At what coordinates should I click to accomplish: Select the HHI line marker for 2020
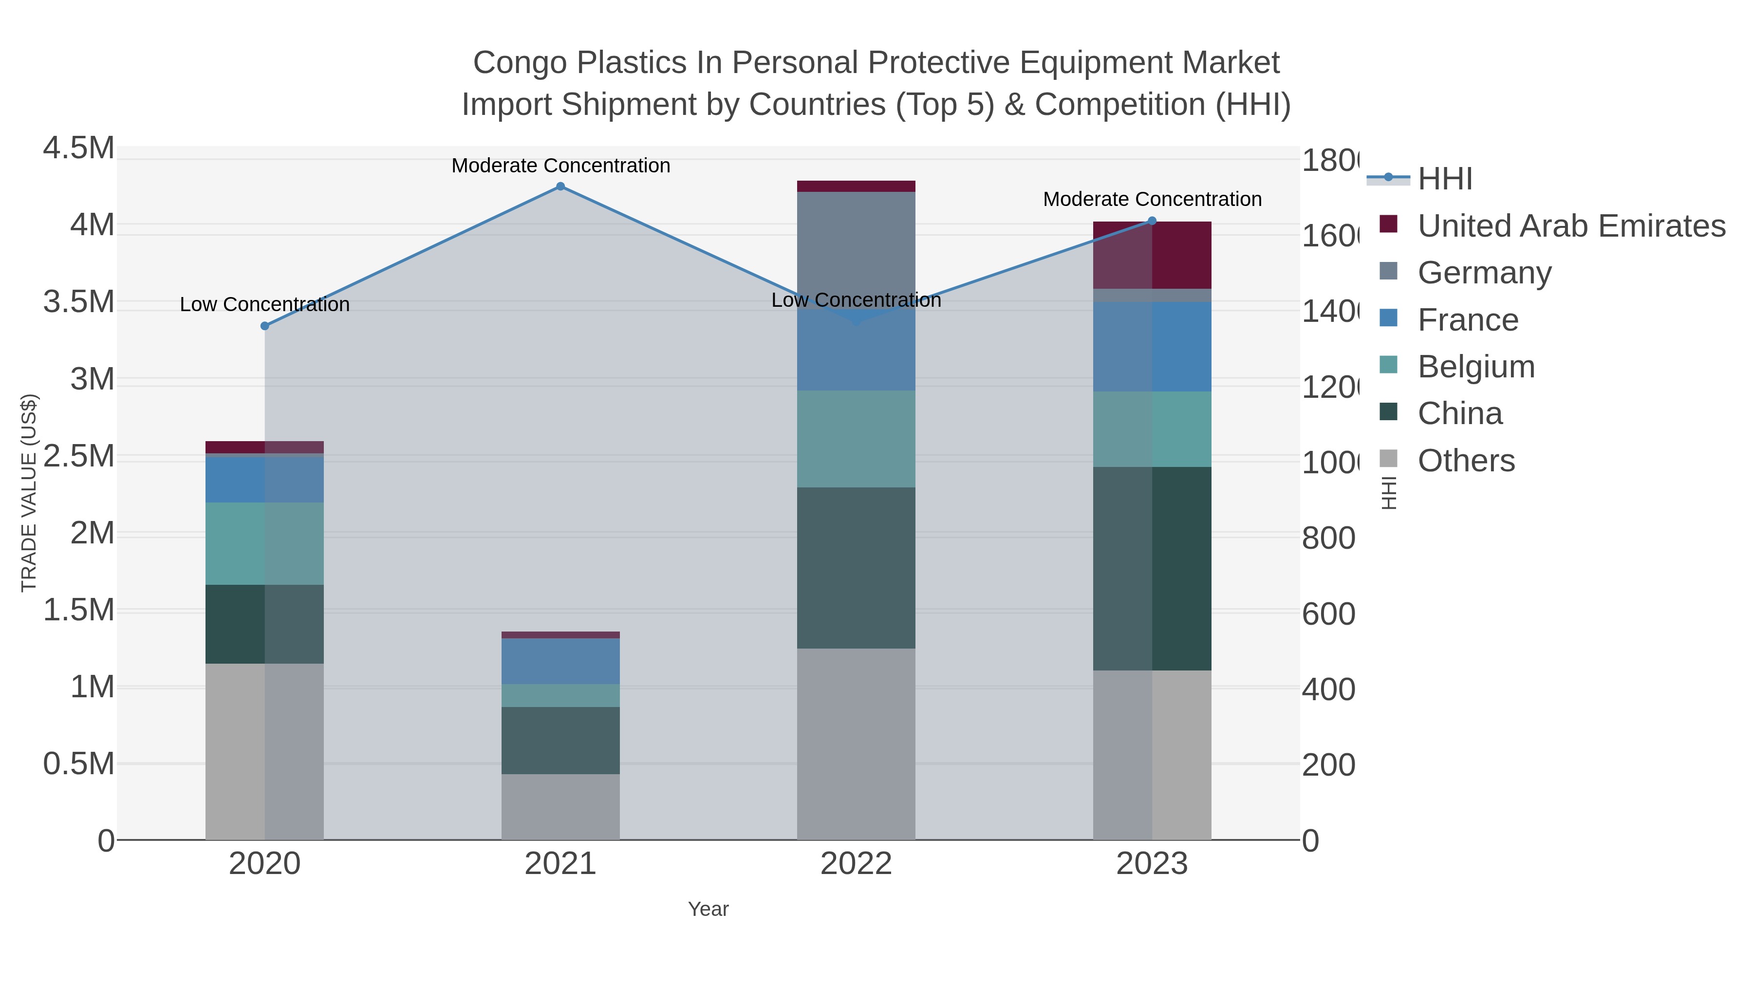point(265,326)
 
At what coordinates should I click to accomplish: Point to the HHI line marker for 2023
point(1152,221)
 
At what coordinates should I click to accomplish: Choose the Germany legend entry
point(1484,273)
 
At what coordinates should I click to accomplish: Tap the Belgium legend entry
point(1475,367)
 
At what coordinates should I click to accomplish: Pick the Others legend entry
point(1466,461)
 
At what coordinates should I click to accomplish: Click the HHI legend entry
point(1445,179)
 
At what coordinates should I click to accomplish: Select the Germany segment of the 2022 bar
point(856,249)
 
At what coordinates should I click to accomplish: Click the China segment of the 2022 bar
point(856,568)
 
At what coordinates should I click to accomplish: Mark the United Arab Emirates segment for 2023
point(1152,255)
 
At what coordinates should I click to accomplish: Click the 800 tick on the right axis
point(1328,538)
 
